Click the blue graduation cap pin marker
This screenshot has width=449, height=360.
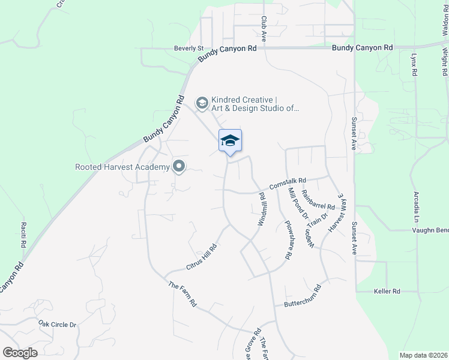tap(230, 142)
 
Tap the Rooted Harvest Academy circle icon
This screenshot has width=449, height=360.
tap(178, 167)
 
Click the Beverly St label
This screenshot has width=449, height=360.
tap(189, 48)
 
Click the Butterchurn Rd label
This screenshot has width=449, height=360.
tap(303, 296)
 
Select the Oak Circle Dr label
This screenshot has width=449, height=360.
tap(58, 325)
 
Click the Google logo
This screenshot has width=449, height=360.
tap(20, 353)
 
